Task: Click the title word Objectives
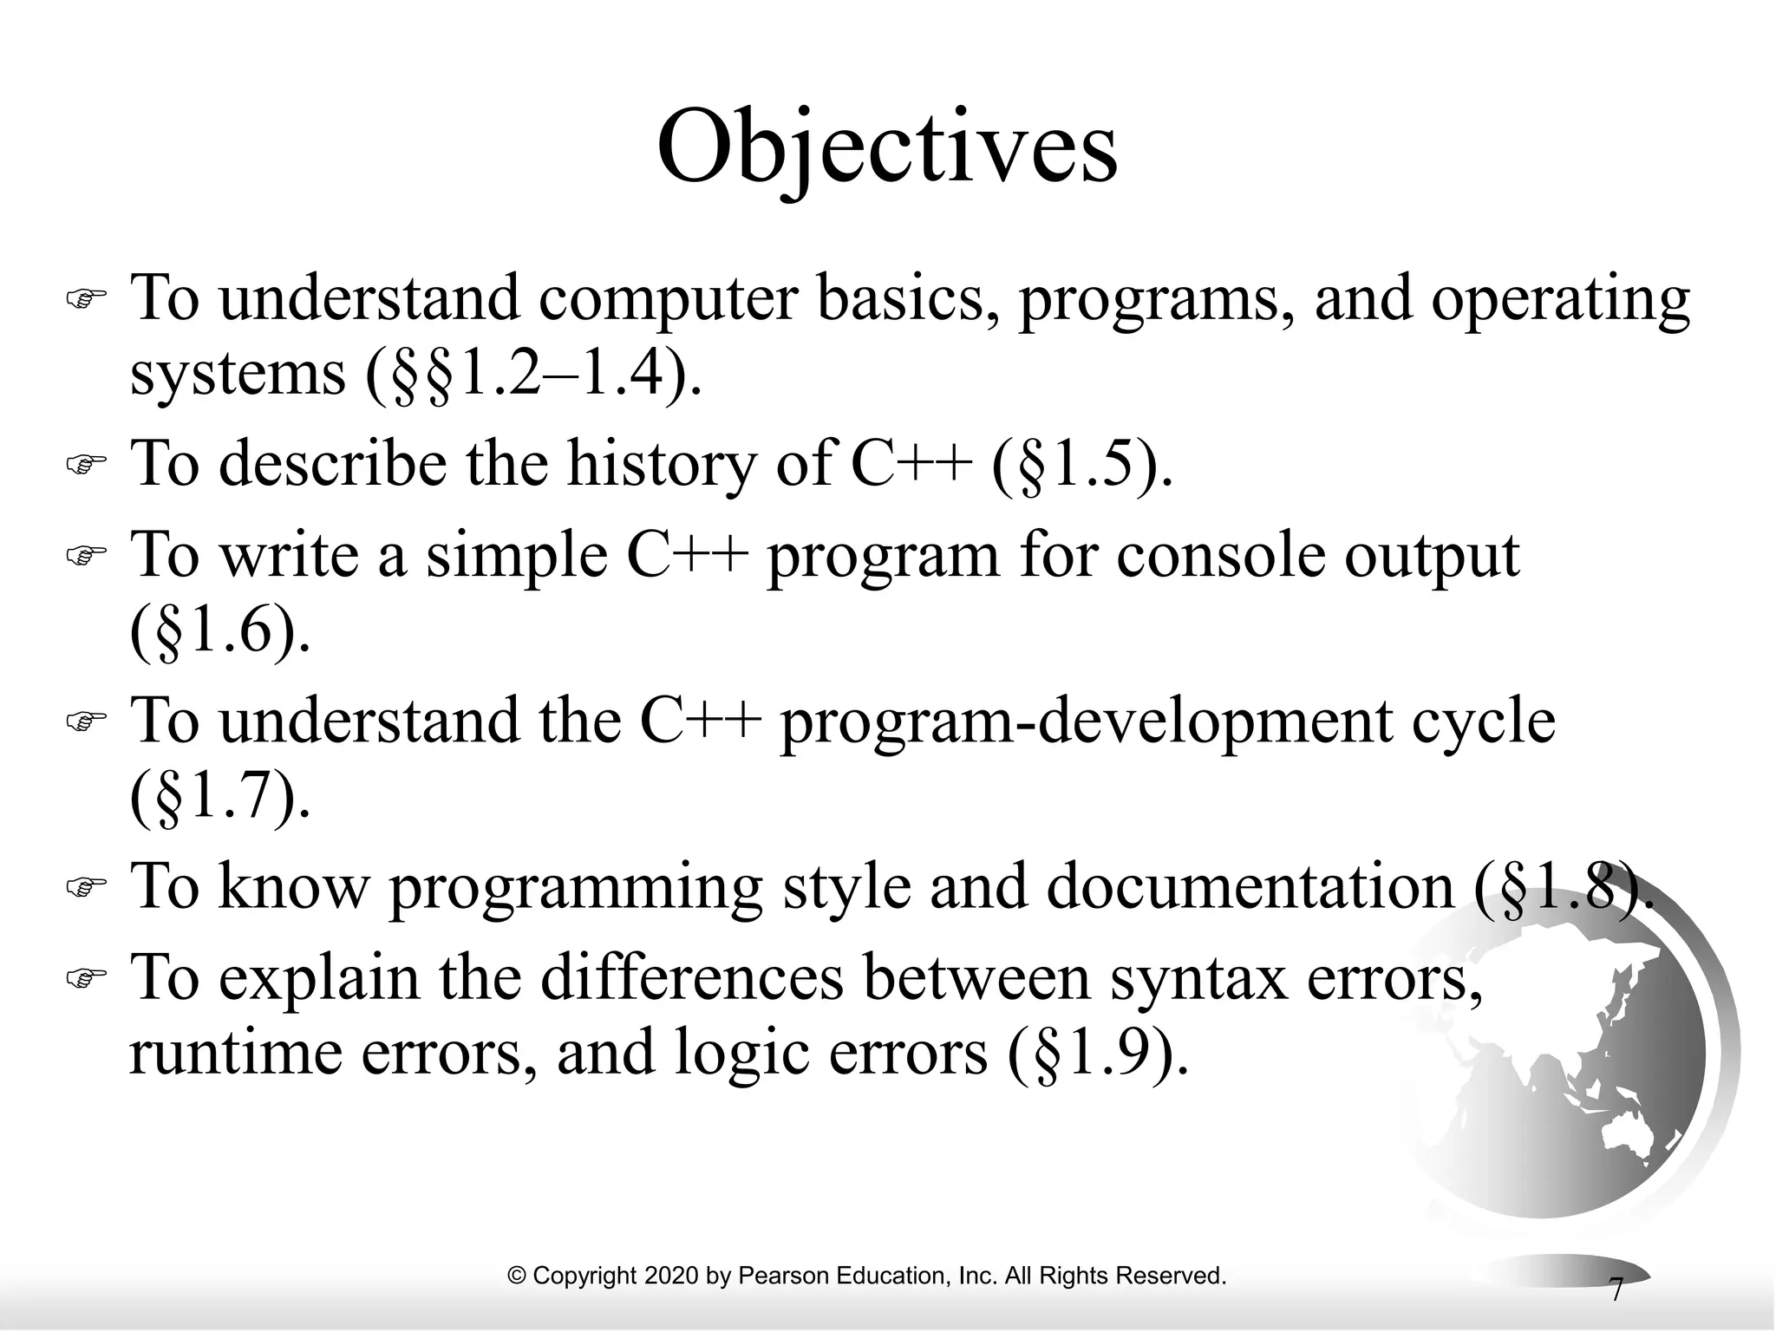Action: (887, 147)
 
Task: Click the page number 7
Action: (1615, 1290)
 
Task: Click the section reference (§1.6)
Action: (219, 632)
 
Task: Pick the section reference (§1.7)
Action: (219, 798)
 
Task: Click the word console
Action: (1220, 555)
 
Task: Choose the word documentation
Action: (1249, 887)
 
